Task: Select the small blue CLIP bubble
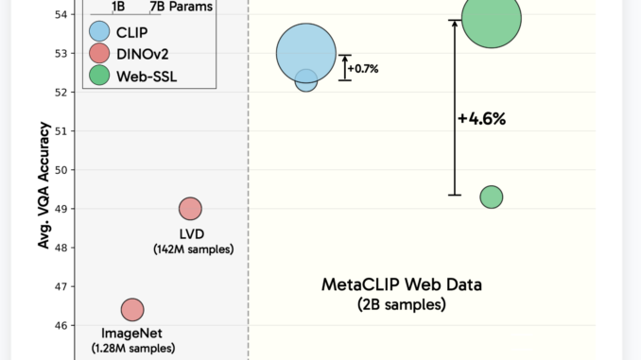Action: [x=306, y=81]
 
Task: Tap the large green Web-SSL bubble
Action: [x=491, y=19]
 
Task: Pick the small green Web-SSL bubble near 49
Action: [x=491, y=197]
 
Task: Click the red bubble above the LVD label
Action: [x=191, y=209]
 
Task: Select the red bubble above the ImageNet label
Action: [x=132, y=309]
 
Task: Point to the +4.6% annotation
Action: [x=482, y=119]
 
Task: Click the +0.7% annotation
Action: [x=363, y=68]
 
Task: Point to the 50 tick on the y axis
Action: [x=63, y=170]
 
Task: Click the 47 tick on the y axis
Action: [x=63, y=286]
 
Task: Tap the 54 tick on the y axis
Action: [x=63, y=15]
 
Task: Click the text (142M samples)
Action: [x=193, y=249]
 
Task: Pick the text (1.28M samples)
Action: [x=133, y=348]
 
